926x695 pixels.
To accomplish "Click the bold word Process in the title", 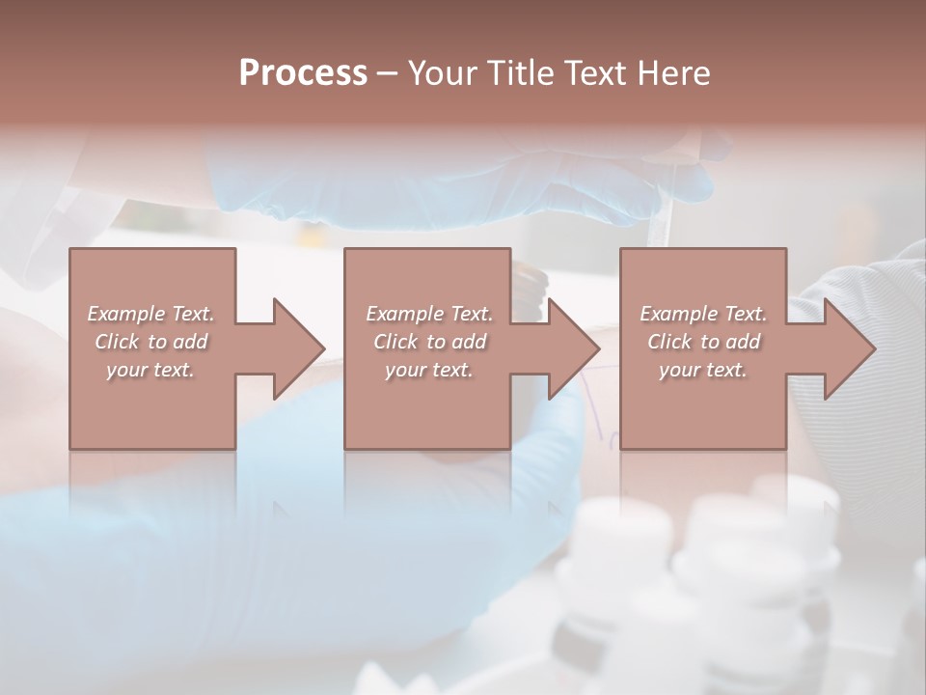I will tap(303, 73).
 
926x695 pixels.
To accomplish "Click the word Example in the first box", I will tap(125, 314).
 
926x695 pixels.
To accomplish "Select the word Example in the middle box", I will tap(404, 314).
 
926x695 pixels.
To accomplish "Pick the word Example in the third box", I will tap(678, 314).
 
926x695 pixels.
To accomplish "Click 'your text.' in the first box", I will tap(150, 370).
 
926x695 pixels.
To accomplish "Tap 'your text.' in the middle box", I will tap(429, 370).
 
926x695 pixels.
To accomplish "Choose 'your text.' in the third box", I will tap(703, 370).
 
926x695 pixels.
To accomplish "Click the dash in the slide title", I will tap(388, 74).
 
